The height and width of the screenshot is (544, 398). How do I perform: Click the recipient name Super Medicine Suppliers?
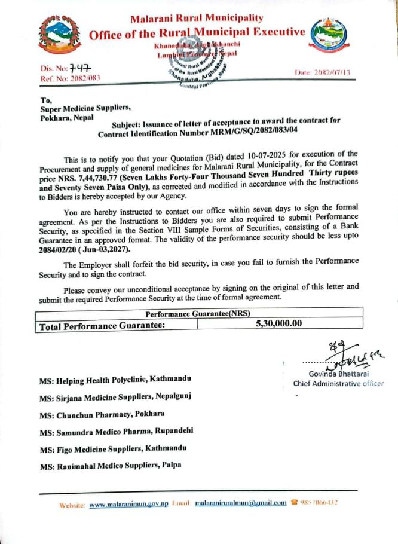pos(85,108)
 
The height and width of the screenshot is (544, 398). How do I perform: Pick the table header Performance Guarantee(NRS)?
pos(197,313)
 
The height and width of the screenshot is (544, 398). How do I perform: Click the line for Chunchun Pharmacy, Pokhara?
pos(102,413)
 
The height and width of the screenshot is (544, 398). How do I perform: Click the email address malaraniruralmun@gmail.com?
pos(241,503)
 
